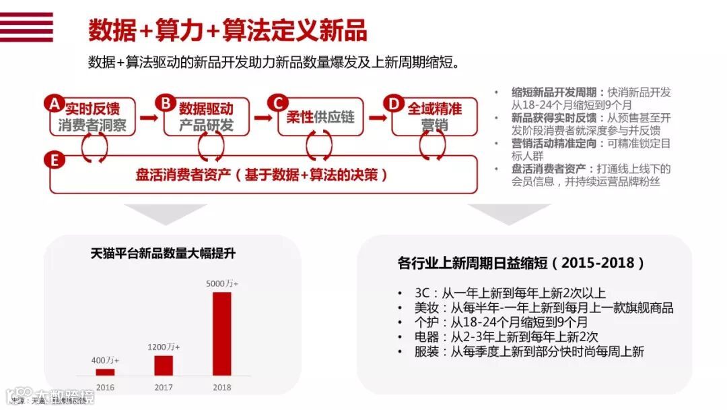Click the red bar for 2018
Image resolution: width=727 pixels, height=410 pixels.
(221, 333)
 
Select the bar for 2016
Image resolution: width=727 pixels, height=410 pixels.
(105, 372)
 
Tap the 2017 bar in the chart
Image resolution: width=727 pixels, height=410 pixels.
(164, 365)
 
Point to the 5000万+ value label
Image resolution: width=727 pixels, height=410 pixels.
(222, 284)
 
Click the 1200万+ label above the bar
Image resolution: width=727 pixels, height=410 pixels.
(164, 347)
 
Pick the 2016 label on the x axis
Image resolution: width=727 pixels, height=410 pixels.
(105, 387)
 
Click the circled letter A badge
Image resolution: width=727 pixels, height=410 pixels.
(54, 103)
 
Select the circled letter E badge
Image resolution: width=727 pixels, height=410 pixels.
(54, 160)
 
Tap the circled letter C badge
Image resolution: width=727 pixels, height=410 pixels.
(277, 103)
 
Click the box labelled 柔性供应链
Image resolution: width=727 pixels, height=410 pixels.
(320, 117)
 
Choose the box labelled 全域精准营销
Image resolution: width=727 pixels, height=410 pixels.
(434, 117)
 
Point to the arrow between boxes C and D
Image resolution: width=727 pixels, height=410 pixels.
(377, 117)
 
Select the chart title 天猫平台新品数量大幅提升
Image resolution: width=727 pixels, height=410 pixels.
(163, 254)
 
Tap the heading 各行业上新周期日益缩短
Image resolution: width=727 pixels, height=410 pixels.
(522, 262)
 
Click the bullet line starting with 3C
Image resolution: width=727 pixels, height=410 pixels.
(510, 293)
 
